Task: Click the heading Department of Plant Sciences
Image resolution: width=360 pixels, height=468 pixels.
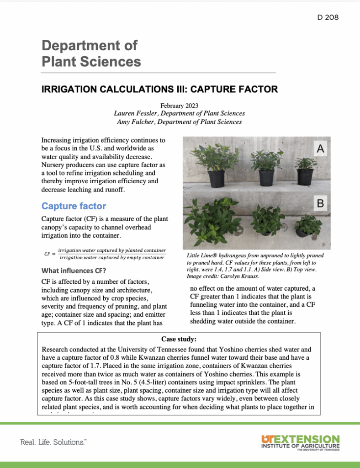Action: click(x=91, y=53)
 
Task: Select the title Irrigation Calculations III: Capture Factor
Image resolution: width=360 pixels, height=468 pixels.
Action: click(x=159, y=89)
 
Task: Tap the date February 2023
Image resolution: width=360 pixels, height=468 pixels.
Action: click(x=179, y=106)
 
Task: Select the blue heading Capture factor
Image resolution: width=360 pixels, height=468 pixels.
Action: click(x=74, y=206)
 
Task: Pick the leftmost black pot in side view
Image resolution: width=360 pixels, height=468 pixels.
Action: click(x=217, y=179)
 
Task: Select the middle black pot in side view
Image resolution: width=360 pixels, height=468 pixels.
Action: click(x=266, y=177)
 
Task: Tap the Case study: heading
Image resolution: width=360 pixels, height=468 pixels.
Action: click(x=179, y=339)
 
